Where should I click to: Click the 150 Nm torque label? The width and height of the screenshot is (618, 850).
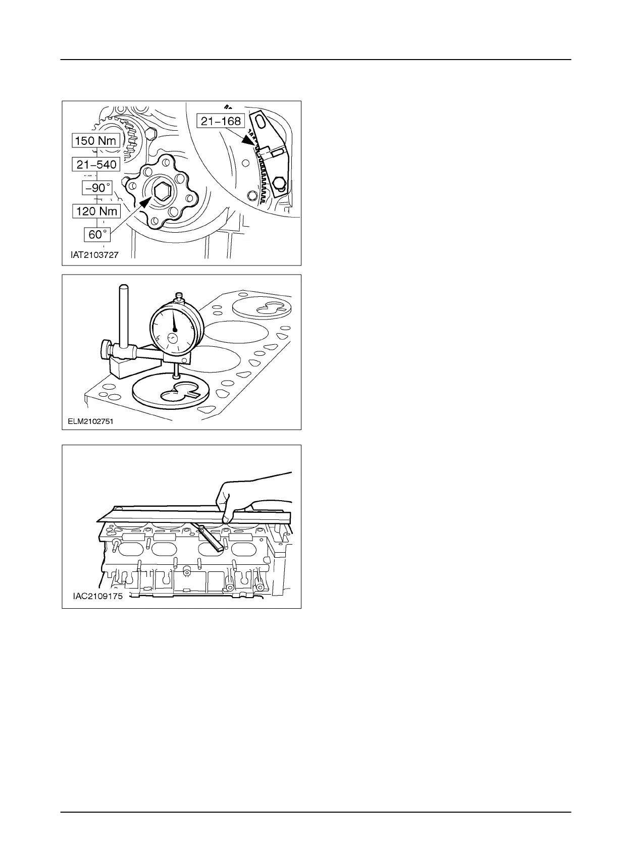click(96, 140)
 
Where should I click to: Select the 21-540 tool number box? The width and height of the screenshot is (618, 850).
click(96, 165)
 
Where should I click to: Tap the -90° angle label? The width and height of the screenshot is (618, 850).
click(97, 188)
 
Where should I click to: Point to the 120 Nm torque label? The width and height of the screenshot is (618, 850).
click(96, 211)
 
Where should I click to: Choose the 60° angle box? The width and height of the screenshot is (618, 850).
click(97, 235)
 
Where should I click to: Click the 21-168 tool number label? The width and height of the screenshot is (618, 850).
click(221, 121)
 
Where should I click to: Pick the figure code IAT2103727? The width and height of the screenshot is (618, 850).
click(94, 255)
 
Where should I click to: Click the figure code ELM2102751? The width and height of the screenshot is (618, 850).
click(90, 421)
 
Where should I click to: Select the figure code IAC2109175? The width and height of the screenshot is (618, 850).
click(98, 596)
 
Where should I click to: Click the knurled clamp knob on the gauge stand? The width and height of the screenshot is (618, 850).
click(105, 348)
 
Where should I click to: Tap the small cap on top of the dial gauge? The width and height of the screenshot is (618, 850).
click(178, 295)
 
